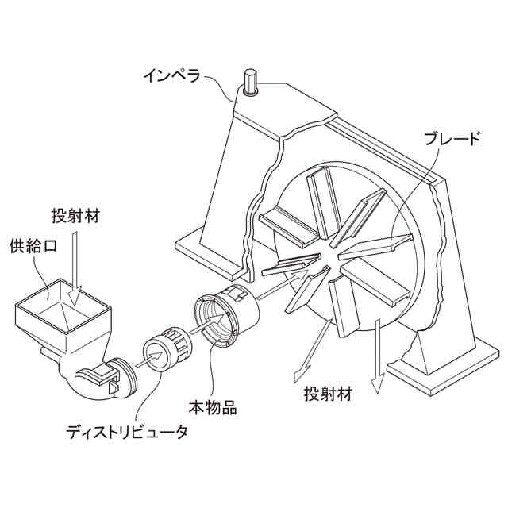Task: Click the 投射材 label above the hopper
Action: (76, 217)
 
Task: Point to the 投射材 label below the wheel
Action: (328, 394)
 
